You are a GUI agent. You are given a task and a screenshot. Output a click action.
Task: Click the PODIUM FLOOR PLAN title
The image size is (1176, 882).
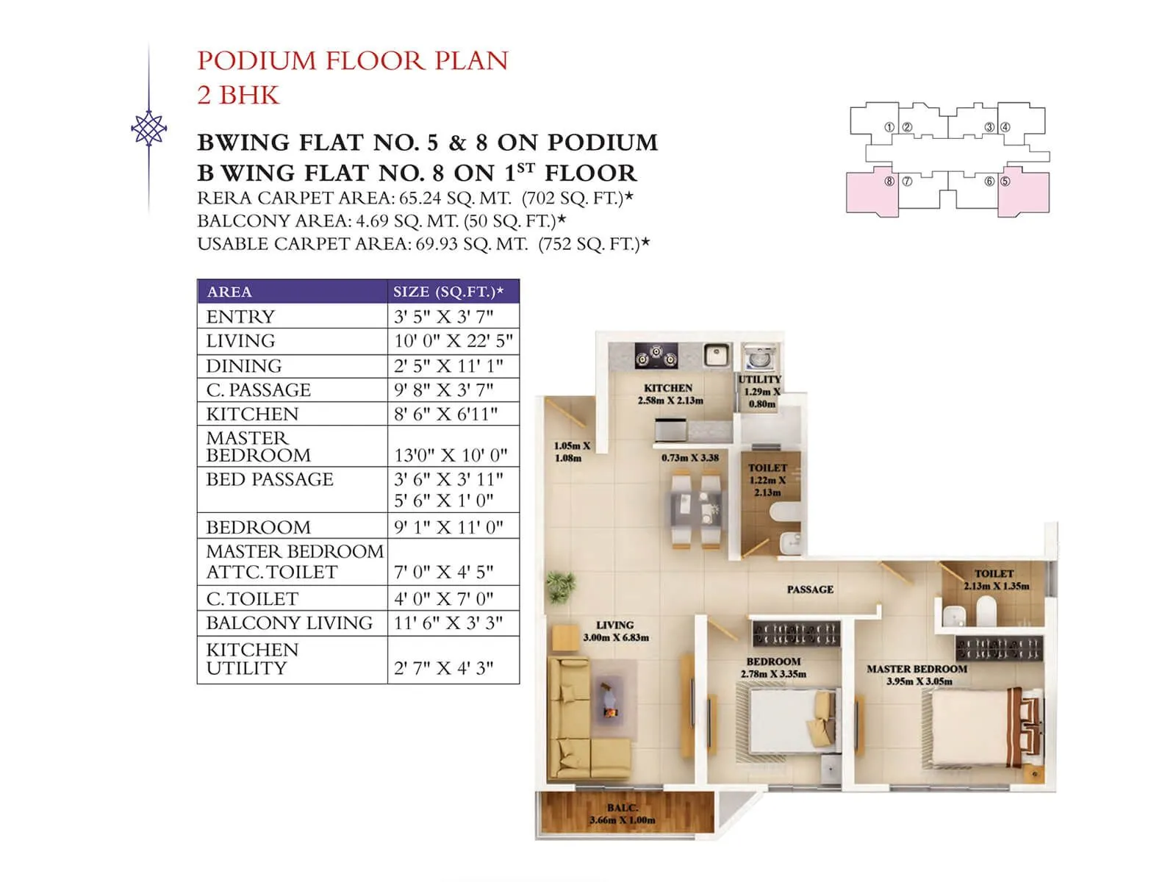point(353,60)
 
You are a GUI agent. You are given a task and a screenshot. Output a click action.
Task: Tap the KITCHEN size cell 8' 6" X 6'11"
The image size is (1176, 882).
point(445,414)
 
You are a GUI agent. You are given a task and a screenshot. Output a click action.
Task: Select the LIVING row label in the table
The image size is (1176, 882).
point(240,341)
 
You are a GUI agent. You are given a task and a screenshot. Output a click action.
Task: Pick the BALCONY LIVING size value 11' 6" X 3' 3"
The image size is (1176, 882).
point(448,623)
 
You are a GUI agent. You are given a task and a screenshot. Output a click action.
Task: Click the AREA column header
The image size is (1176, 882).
point(229,292)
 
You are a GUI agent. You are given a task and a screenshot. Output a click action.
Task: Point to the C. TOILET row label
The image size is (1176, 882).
point(252,599)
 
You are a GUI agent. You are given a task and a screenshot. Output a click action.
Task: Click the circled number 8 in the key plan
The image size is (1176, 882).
point(889,181)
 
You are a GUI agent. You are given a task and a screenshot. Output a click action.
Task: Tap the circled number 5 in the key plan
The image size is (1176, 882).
point(1005,181)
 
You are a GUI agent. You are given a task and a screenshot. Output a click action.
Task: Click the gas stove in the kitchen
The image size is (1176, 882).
point(656,357)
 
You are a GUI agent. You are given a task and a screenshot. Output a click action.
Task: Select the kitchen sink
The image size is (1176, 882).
point(716,356)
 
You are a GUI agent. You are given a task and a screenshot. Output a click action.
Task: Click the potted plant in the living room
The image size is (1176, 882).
point(560,586)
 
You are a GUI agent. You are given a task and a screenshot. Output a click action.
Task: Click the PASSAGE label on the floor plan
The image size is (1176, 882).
point(810,589)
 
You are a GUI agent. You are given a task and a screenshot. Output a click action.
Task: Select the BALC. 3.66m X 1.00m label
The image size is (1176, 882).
point(622,814)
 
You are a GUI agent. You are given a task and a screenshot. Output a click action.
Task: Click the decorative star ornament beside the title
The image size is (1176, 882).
point(148,129)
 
